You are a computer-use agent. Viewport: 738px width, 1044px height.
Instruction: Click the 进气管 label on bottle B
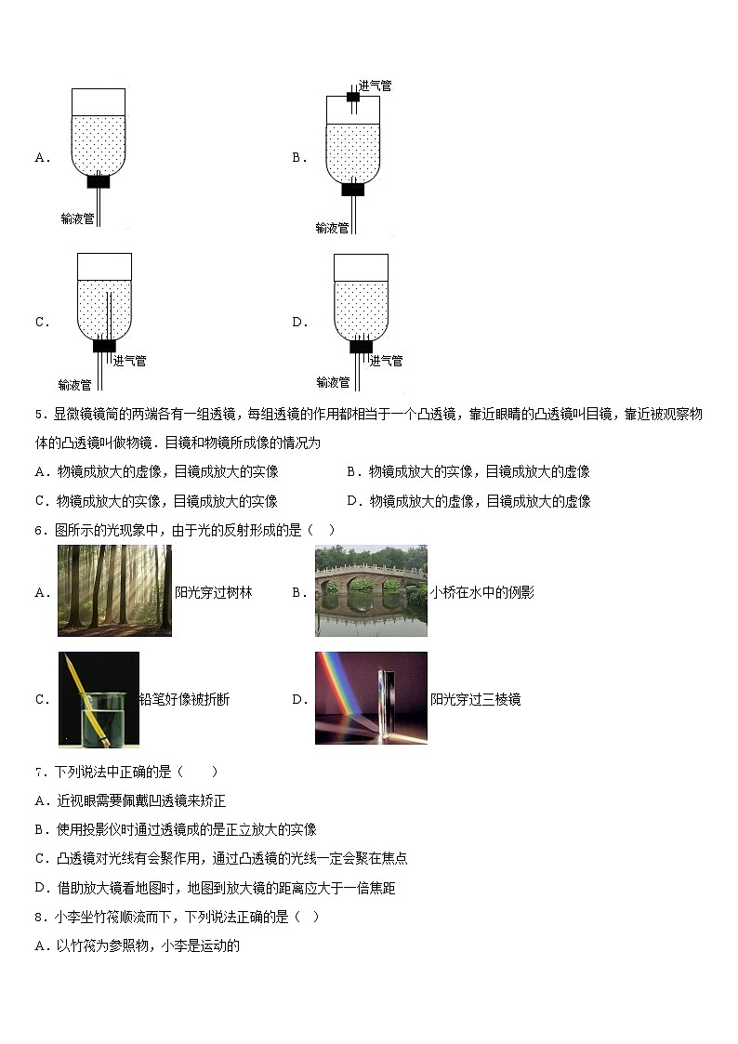375,86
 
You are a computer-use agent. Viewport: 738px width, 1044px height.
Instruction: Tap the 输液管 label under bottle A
77,218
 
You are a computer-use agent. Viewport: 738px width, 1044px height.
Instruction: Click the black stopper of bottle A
99,181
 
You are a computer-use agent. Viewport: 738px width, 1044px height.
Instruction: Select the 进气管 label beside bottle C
129,361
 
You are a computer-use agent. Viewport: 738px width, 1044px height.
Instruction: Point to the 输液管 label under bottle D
333,382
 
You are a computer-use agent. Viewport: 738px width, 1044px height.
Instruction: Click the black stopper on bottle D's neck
361,347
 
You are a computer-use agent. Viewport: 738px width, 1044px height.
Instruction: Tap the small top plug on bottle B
353,97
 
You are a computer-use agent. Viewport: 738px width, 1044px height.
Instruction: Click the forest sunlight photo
114,590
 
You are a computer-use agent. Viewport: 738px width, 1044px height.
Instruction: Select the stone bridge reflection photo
371,590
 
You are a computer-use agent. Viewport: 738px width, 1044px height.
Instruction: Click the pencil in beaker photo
99,699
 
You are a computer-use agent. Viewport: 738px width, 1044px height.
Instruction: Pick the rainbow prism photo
371,698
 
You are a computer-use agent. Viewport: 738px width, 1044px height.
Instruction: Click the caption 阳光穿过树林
214,592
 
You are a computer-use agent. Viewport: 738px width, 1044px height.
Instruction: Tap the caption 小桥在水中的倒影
482,592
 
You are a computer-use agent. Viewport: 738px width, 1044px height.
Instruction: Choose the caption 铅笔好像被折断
185,699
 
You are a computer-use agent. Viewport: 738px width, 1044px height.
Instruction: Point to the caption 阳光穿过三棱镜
475,699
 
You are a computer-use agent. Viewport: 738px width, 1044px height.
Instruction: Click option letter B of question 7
40,829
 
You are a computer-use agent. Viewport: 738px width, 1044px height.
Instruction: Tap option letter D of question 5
352,501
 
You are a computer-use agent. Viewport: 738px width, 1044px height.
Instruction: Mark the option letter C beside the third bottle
41,323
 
